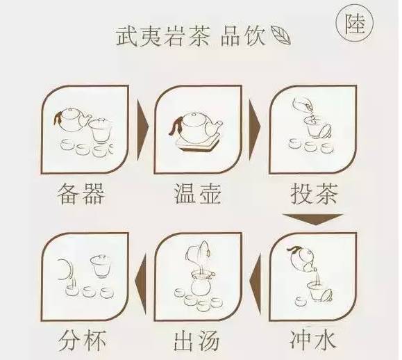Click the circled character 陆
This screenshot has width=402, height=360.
point(355,24)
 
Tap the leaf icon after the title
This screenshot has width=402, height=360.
point(280,35)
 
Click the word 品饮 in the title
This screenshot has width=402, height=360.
point(243,37)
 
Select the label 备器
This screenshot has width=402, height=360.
point(81,194)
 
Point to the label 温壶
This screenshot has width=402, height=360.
point(197,194)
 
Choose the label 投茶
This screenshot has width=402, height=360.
point(314,194)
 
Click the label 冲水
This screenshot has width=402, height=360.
point(312,341)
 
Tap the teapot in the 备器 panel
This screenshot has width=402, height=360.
point(72,120)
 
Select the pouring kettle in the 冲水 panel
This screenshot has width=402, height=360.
point(303,259)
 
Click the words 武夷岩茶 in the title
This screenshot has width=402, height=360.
point(163,37)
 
